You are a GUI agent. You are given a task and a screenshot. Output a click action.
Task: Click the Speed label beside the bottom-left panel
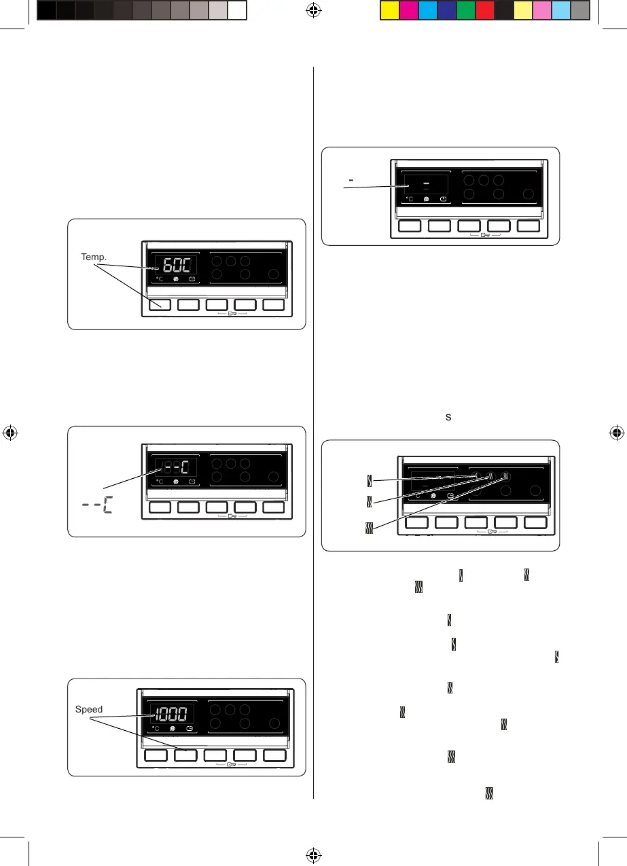click(x=89, y=709)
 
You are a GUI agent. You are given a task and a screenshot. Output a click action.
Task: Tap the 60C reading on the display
click(x=173, y=266)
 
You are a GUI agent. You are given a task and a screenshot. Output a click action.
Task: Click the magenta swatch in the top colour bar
click(x=408, y=10)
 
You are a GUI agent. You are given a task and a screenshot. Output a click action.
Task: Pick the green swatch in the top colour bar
click(x=465, y=10)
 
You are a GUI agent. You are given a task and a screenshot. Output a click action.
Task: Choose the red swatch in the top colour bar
click(x=484, y=10)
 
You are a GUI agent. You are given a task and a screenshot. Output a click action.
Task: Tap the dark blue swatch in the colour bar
click(x=446, y=10)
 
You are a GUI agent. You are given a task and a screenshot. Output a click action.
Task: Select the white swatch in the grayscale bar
click(x=236, y=10)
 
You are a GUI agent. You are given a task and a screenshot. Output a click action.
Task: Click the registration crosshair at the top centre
click(x=313, y=10)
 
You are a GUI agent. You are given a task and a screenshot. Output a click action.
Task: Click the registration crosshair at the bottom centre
click(x=313, y=854)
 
